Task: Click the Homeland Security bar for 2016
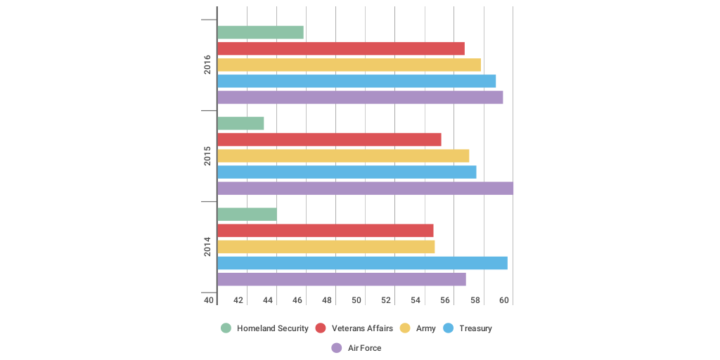[260, 32]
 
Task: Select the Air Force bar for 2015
[365, 188]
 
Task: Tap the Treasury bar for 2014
[362, 263]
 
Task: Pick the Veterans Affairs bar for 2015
[329, 139]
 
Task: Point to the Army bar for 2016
[349, 65]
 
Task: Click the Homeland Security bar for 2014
[247, 214]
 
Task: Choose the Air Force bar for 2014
[341, 279]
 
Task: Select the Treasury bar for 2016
[356, 81]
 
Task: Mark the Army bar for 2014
[326, 247]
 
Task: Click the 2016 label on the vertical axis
[207, 65]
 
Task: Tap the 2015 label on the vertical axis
[207, 155]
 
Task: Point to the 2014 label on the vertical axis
[207, 247]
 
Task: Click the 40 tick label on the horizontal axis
[209, 300]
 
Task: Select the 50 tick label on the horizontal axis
[356, 300]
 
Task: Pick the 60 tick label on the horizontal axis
[504, 300]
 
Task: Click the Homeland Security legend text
[272, 328]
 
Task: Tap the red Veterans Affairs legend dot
[321, 328]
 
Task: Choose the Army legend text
[426, 328]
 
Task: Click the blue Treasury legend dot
[449, 328]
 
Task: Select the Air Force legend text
[364, 348]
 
